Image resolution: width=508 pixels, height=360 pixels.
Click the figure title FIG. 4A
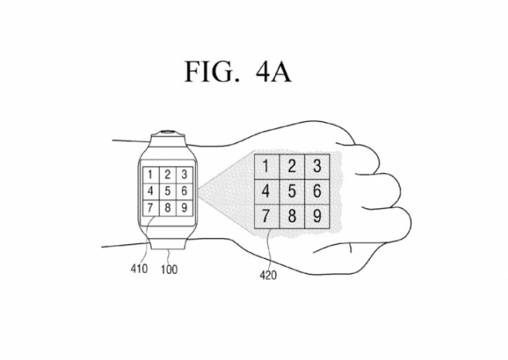(x=238, y=72)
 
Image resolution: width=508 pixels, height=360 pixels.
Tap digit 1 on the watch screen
(x=150, y=174)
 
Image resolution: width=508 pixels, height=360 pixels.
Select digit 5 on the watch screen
(x=167, y=190)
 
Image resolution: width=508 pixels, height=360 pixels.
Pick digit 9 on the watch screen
(x=184, y=207)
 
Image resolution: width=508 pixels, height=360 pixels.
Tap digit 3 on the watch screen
(x=184, y=174)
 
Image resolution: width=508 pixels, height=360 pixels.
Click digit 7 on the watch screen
(x=150, y=207)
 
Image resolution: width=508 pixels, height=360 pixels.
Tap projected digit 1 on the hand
(x=267, y=166)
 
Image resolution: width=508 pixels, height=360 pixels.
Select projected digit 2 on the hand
(x=292, y=166)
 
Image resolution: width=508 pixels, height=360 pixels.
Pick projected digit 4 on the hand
(x=267, y=191)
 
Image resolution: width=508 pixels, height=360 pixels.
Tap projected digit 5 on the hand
(x=292, y=191)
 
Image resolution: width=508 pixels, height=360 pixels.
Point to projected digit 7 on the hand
(x=267, y=216)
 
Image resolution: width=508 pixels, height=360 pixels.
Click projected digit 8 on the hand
(x=292, y=216)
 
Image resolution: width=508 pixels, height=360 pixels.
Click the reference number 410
(x=139, y=269)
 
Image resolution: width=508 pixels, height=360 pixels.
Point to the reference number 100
(x=169, y=269)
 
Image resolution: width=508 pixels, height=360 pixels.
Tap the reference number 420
(x=267, y=276)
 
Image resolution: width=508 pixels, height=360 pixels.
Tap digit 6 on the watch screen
(x=184, y=190)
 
